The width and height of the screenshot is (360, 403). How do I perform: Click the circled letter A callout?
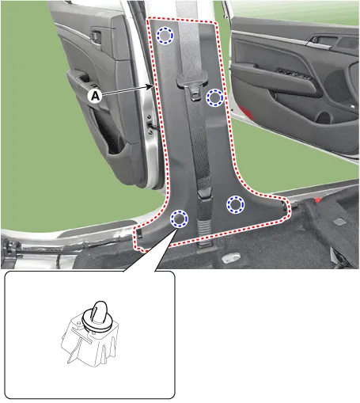[x=95, y=96]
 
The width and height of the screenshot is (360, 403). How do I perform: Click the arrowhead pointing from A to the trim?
[x=151, y=87]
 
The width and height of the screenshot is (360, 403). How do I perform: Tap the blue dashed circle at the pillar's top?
[x=165, y=36]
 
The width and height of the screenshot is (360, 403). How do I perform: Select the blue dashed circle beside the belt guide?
[x=214, y=98]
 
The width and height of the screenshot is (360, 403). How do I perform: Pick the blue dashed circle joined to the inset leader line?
[x=179, y=219]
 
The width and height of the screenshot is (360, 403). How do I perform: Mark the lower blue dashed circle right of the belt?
[x=236, y=204]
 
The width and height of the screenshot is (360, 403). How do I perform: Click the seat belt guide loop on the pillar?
[x=192, y=83]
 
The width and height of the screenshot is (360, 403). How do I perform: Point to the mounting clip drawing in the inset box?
[x=89, y=334]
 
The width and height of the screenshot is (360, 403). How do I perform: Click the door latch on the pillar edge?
[x=150, y=124]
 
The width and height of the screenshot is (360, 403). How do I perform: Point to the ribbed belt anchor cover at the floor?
[x=204, y=232]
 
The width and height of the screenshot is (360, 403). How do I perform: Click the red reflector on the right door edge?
[x=244, y=112]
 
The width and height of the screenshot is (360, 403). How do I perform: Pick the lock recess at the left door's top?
[x=96, y=36]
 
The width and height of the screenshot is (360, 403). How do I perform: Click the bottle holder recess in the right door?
[x=324, y=117]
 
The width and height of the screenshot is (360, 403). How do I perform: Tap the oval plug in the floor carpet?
[x=232, y=257]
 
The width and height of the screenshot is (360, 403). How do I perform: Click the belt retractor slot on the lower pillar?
[x=204, y=193]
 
